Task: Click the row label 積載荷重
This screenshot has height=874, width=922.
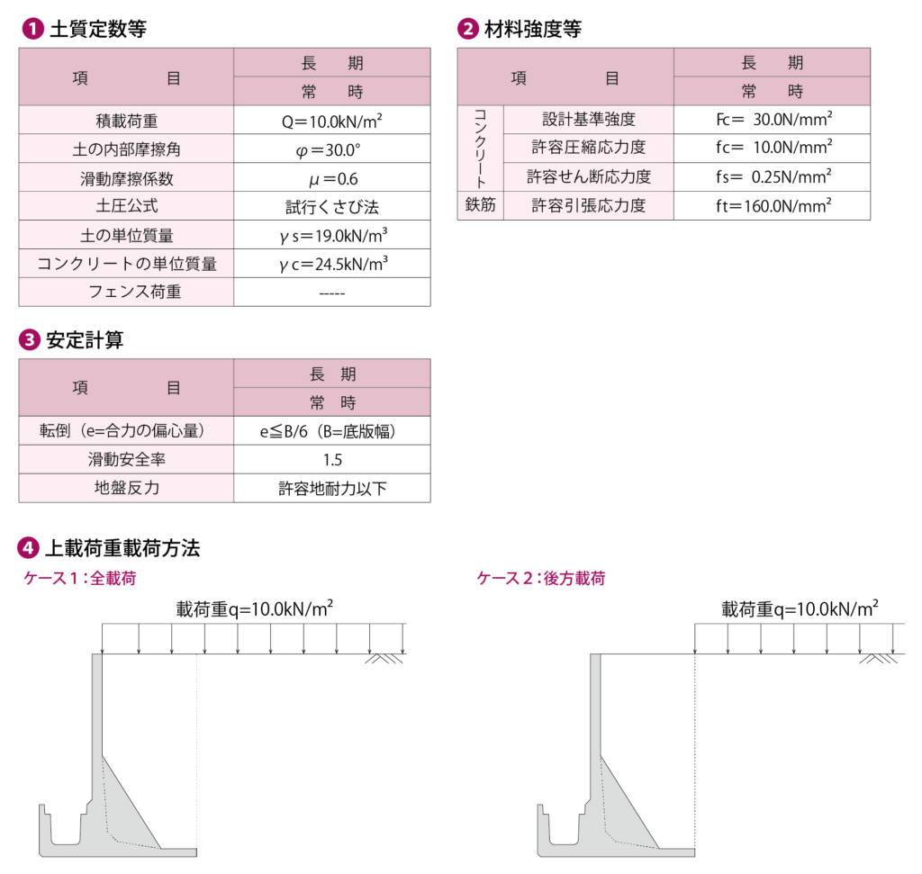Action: (126, 121)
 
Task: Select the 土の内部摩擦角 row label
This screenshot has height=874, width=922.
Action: (126, 149)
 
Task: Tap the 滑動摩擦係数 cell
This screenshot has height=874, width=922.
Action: (126, 178)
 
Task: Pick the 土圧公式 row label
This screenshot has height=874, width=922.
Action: (126, 206)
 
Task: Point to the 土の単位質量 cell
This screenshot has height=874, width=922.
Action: (126, 235)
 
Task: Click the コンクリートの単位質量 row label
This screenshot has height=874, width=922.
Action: (126, 264)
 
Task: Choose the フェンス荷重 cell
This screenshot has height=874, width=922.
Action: (126, 292)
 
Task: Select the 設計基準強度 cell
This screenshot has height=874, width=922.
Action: (588, 120)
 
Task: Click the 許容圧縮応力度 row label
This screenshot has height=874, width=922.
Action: (588, 148)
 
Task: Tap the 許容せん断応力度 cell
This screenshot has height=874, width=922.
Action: (588, 176)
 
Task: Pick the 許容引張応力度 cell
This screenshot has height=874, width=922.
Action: (588, 205)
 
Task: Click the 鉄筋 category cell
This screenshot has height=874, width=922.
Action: (480, 205)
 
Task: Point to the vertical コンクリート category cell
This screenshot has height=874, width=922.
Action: (480, 149)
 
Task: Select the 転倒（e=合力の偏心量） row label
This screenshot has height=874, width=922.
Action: (126, 431)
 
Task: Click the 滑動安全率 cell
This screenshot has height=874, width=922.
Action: (126, 460)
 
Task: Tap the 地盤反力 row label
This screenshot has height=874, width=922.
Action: (126, 488)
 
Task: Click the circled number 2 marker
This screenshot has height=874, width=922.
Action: (468, 29)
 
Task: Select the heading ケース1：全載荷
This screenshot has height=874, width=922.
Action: (79, 579)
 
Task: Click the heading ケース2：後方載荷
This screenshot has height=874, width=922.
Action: (540, 579)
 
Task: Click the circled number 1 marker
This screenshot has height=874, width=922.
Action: (32, 29)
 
